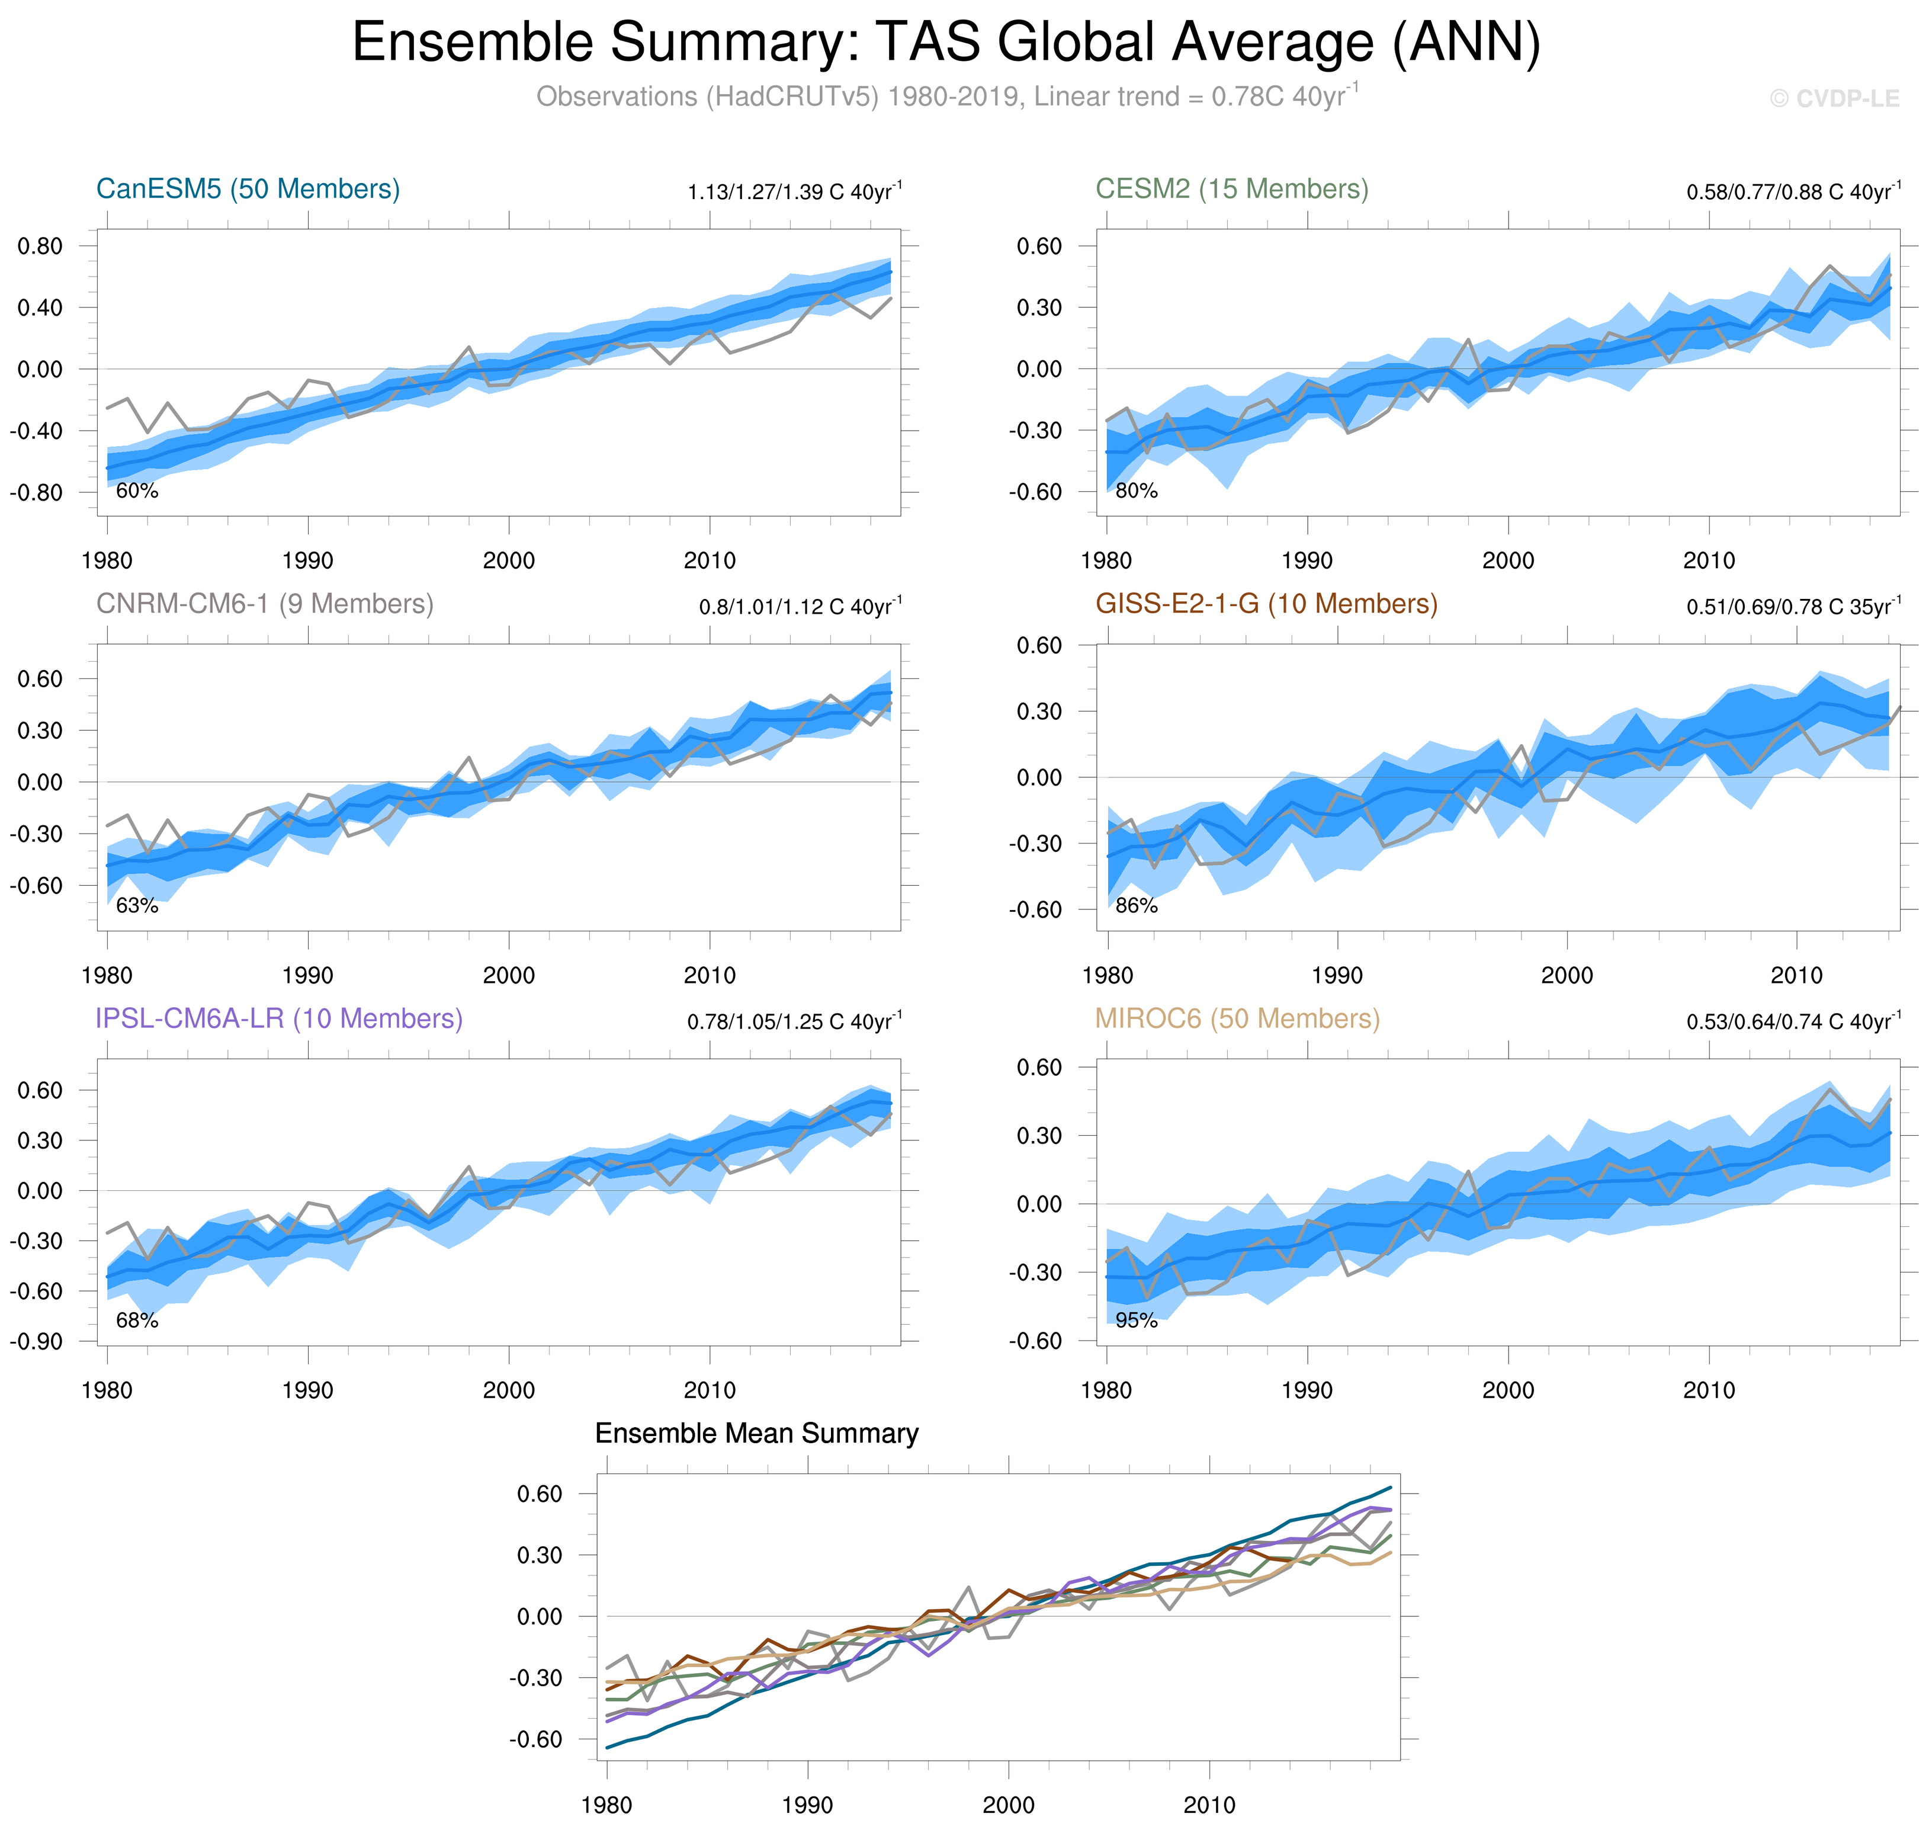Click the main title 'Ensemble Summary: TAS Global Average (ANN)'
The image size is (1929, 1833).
[945, 43]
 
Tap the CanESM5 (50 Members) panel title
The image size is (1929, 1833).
[248, 188]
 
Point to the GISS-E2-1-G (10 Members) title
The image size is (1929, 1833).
[1266, 604]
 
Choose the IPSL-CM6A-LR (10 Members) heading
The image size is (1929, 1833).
[278, 1018]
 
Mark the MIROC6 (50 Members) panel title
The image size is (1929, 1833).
[1237, 1018]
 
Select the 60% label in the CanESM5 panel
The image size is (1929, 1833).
[137, 491]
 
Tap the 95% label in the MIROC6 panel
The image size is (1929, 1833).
[1136, 1320]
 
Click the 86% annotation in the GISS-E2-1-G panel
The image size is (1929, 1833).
[1136, 906]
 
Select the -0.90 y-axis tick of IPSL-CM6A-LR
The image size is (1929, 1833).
[36, 1341]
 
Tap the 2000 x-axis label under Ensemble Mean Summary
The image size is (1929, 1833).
[1008, 1805]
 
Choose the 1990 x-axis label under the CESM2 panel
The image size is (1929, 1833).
[1307, 561]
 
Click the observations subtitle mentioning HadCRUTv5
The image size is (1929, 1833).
[945, 97]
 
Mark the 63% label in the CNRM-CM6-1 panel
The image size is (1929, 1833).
[137, 906]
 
